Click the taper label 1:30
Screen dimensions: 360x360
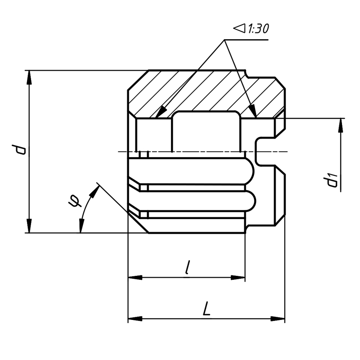click(x=258, y=29)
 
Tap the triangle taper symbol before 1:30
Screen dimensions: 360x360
click(x=239, y=28)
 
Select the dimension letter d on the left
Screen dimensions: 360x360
click(x=19, y=149)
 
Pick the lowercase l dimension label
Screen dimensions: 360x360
click(x=188, y=267)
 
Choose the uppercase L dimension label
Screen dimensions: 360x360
click(x=207, y=308)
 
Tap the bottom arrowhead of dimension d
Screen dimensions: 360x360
click(x=29, y=226)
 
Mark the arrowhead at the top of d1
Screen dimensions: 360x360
click(x=341, y=126)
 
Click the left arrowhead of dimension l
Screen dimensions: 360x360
click(x=135, y=277)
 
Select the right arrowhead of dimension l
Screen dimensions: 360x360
click(x=238, y=277)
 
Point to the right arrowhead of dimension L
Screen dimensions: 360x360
click(x=278, y=319)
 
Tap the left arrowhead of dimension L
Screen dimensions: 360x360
click(x=135, y=319)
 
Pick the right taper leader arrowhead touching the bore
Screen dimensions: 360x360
click(x=253, y=112)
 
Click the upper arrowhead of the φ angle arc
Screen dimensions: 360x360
click(x=94, y=192)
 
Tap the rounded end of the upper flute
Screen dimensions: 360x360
click(x=250, y=171)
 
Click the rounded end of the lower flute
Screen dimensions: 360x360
click(x=251, y=201)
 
